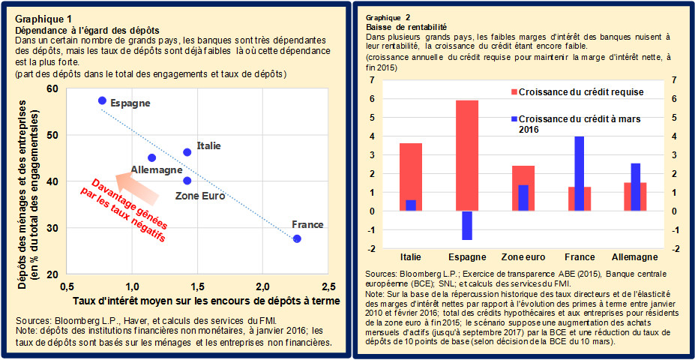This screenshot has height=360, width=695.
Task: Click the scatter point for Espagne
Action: (102, 100)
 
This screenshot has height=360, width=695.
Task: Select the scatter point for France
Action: (297, 238)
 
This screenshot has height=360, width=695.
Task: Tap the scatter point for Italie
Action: (187, 152)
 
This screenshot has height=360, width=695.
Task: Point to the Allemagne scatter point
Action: (152, 158)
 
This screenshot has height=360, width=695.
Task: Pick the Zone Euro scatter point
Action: (187, 181)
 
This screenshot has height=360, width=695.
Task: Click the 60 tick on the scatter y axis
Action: (52, 88)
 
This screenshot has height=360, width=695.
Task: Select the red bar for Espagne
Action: (467, 155)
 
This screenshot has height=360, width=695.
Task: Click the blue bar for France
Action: (579, 173)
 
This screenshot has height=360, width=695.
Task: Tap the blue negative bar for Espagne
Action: (467, 225)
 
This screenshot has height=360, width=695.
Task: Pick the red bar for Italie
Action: (411, 177)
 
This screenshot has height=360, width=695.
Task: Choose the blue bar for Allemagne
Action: (635, 187)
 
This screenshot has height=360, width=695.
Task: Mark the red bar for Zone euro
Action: (523, 188)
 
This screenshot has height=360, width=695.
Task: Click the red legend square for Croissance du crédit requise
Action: (514, 92)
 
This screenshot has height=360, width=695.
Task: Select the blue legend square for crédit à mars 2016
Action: (514, 119)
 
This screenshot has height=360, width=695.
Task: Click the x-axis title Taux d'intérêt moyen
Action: (206, 301)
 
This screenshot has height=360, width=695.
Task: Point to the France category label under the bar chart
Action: (579, 256)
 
